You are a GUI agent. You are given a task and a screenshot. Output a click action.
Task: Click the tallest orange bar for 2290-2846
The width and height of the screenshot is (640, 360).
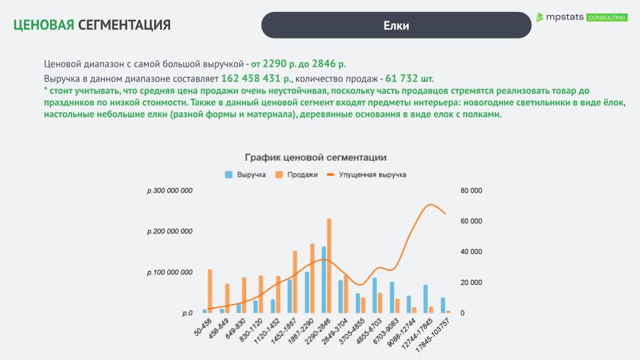[x=329, y=265]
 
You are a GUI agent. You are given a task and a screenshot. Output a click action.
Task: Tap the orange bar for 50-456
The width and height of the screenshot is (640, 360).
[x=210, y=291]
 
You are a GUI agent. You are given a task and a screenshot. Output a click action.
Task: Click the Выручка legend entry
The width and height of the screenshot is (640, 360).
[x=246, y=175]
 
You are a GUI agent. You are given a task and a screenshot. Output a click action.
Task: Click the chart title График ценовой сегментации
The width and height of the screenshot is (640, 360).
[x=315, y=157]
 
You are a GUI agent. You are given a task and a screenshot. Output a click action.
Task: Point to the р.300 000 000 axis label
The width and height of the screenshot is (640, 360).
[x=170, y=191]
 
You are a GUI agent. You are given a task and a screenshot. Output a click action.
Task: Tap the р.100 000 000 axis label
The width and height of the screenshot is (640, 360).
[x=170, y=273]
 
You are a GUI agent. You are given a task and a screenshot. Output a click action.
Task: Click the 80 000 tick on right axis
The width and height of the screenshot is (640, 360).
[x=471, y=191]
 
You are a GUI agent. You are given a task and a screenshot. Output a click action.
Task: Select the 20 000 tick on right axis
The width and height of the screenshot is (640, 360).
[x=471, y=283]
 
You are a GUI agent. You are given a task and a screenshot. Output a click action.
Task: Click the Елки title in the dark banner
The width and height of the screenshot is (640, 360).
[x=396, y=25]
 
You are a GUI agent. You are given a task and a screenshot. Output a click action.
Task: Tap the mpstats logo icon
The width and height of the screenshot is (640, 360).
[x=541, y=17]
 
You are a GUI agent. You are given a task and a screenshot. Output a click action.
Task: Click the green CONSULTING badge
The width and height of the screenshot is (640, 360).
[x=607, y=17]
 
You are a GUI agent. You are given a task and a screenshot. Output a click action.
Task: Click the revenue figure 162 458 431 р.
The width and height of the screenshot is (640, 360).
[x=255, y=79]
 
